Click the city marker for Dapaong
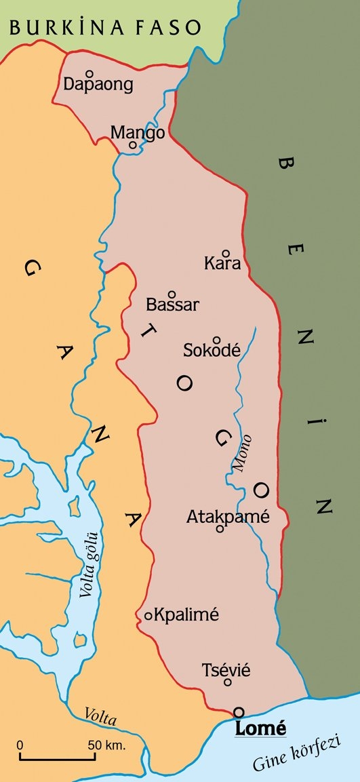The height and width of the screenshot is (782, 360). pos(89,73)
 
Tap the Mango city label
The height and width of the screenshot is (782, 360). pos(138,133)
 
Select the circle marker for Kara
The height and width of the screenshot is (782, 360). pos(226,253)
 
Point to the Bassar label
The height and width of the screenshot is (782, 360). pos(172,305)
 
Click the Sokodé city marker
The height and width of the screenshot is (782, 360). pos(216,340)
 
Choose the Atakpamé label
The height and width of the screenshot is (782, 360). pos(228,517)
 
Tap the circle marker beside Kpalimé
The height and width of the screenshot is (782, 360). pos(148,616)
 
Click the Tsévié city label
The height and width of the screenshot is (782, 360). pos(226,670)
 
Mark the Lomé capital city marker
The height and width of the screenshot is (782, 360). pos(238,711)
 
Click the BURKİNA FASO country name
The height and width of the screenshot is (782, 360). pos(105,27)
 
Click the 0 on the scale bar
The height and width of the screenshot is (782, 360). pos(20,745)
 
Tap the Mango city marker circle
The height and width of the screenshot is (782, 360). pos(133,144)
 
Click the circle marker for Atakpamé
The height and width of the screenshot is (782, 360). pos(219,529)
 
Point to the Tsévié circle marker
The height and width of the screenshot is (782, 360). pos(228,682)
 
